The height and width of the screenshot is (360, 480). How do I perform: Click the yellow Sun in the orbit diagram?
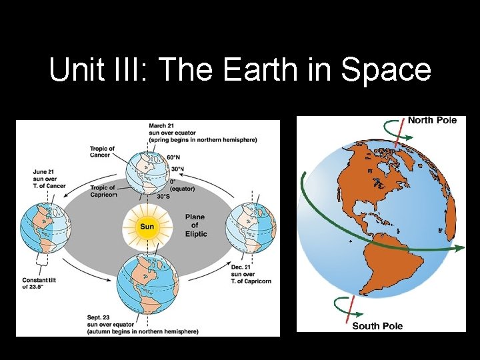(147, 227)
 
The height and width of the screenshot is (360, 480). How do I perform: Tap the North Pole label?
(432, 120)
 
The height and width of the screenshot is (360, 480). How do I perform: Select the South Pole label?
(377, 325)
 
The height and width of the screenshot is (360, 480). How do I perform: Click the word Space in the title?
(386, 70)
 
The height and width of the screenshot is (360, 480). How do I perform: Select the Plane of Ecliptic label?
(195, 225)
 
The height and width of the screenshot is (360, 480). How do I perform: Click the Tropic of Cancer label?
(102, 152)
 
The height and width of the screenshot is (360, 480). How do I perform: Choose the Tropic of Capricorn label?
(103, 191)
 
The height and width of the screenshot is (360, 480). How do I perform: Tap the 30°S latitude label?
(163, 197)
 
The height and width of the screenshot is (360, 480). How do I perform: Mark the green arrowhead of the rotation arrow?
(459, 248)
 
